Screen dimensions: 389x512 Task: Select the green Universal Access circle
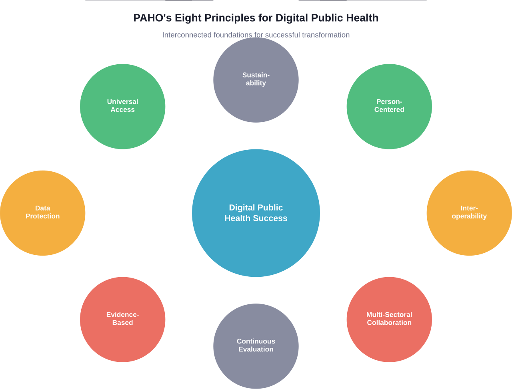[x=122, y=124]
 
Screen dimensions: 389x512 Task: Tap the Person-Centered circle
[x=389, y=124]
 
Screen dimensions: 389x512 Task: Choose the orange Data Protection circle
[x=42, y=232]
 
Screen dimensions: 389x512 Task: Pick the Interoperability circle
[x=469, y=232]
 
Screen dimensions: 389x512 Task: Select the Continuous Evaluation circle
[x=256, y=363]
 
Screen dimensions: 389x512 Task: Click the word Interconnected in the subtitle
[x=187, y=35]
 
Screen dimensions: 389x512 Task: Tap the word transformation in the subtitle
[x=326, y=35]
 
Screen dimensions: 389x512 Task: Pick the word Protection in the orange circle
[x=42, y=216]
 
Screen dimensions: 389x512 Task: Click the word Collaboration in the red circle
[x=389, y=323]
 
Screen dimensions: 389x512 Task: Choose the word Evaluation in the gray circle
[x=256, y=349]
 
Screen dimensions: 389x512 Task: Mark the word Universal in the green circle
[x=122, y=101]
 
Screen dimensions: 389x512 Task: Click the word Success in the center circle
[x=270, y=218]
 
